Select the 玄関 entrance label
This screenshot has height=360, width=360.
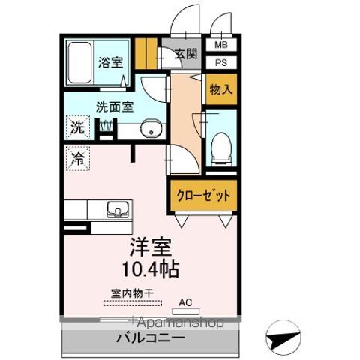pos(186,55)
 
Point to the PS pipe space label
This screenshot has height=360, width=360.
pos(221,62)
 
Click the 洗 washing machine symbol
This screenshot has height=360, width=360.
pos(78,127)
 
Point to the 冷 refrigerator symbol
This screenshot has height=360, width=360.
pos(78,157)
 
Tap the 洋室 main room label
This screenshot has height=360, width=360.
pos(153,246)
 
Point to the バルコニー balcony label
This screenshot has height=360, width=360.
pos(150,339)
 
